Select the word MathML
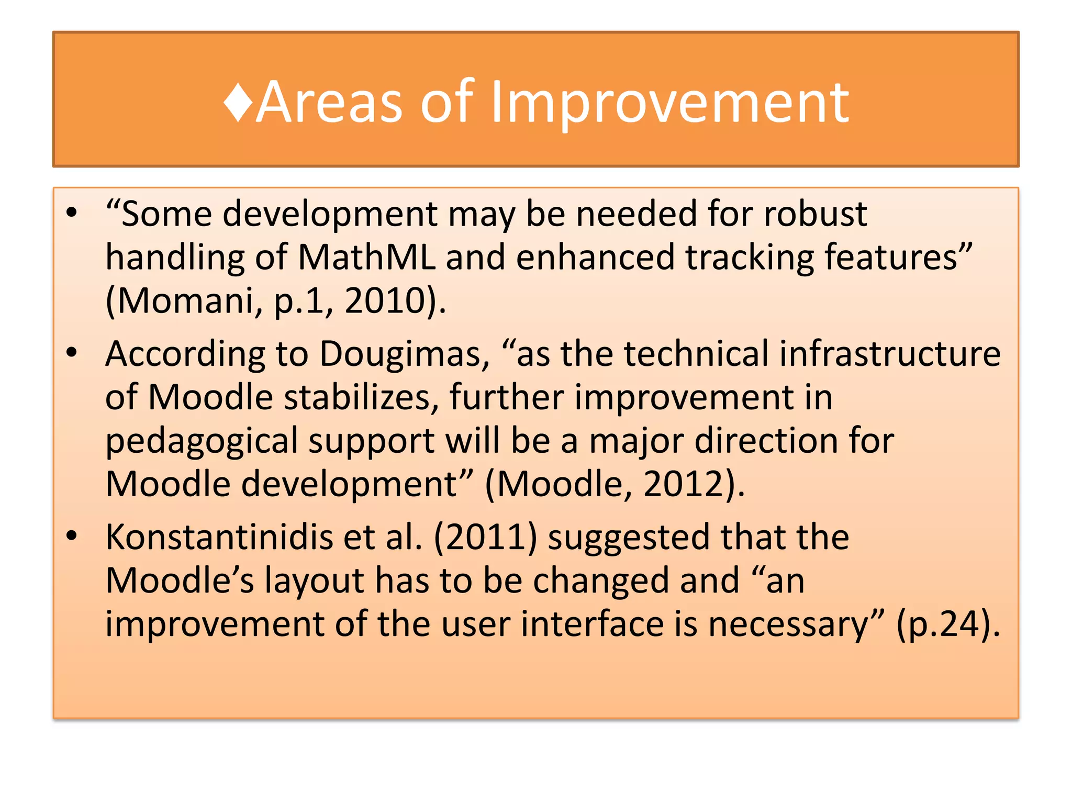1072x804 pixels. [366, 258]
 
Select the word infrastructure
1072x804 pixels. [890, 354]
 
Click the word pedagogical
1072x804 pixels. [201, 442]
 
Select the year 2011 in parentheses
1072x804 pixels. [486, 538]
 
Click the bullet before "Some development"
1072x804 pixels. [72, 213]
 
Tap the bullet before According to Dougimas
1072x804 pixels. [72, 353]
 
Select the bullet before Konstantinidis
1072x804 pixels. [72, 536]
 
